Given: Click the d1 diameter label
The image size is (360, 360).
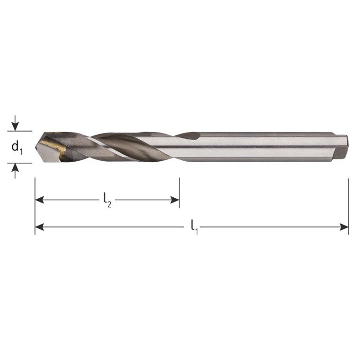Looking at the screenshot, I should (x=17, y=148).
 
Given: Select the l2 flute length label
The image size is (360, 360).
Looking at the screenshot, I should (x=107, y=201).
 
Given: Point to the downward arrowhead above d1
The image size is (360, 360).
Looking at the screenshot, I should (x=15, y=127).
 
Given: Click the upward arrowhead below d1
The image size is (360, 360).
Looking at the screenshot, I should (x=15, y=167).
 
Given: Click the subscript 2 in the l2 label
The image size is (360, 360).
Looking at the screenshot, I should (x=109, y=204).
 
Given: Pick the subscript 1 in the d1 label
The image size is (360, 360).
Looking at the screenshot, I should (x=21, y=151).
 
